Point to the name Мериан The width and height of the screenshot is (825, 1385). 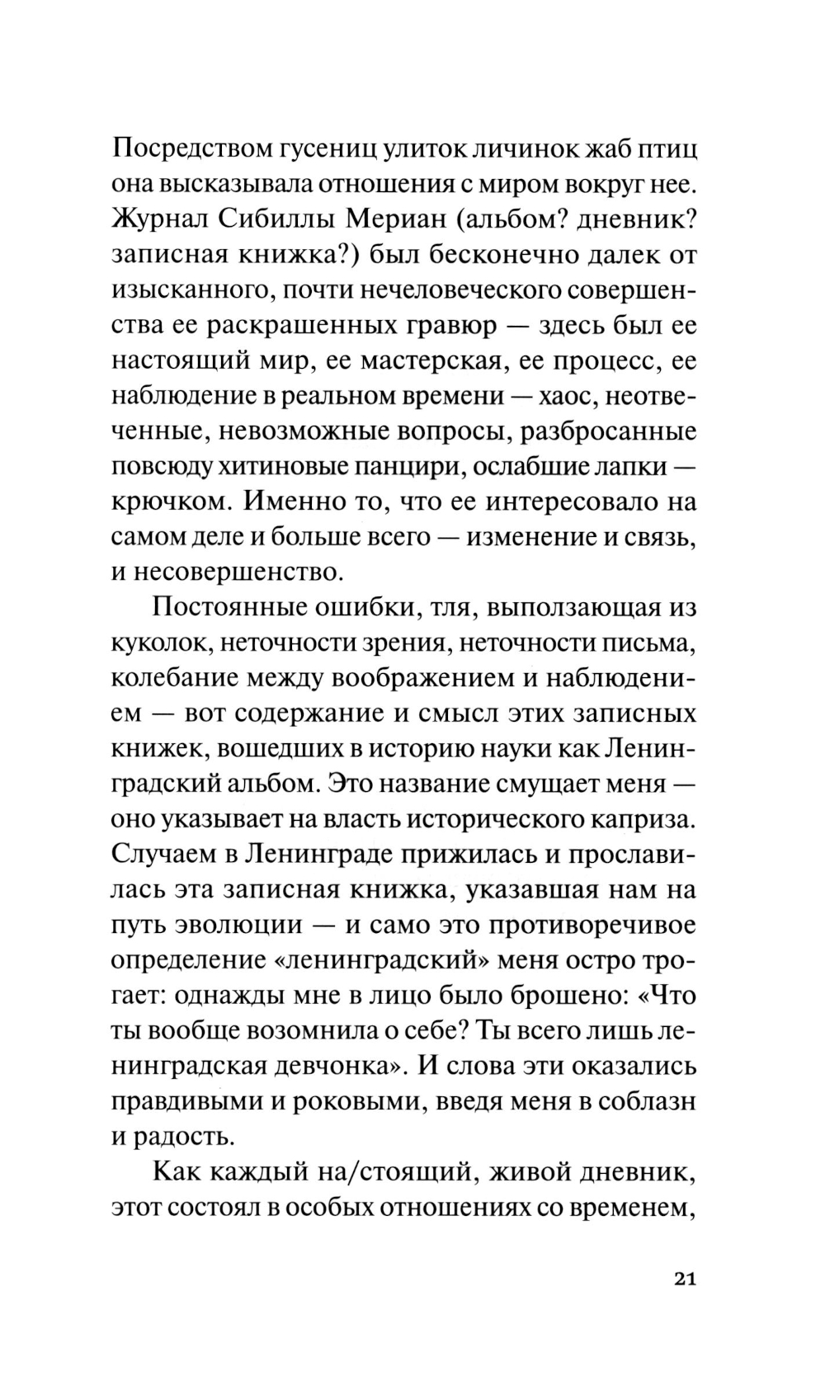coord(393,220)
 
